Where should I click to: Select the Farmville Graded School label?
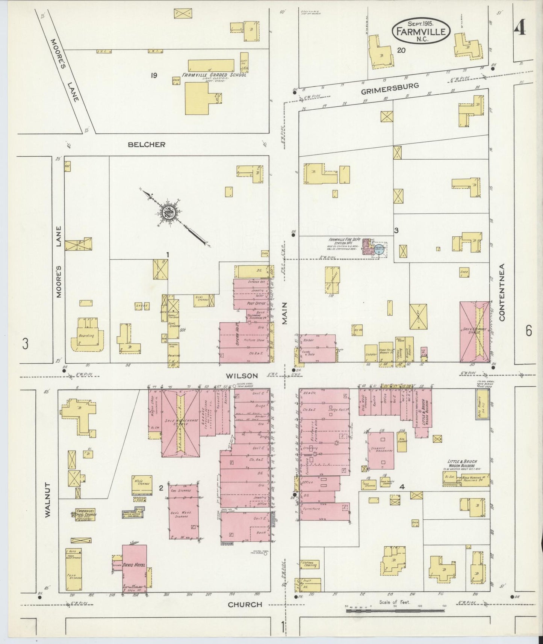(214, 75)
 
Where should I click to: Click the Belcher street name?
(146, 144)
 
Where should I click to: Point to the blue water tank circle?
(379, 251)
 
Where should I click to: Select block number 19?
(153, 76)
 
